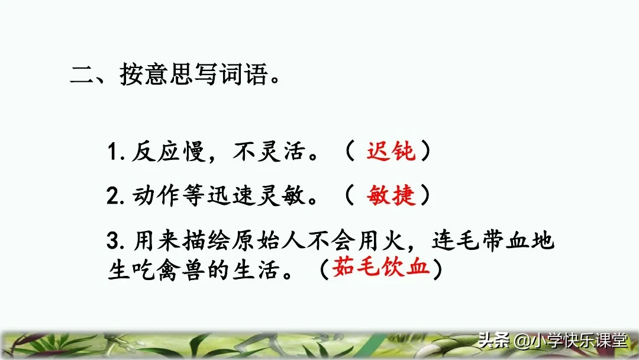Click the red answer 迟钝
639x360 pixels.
click(390, 152)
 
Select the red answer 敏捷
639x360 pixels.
click(390, 195)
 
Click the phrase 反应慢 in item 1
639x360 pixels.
click(158, 152)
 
